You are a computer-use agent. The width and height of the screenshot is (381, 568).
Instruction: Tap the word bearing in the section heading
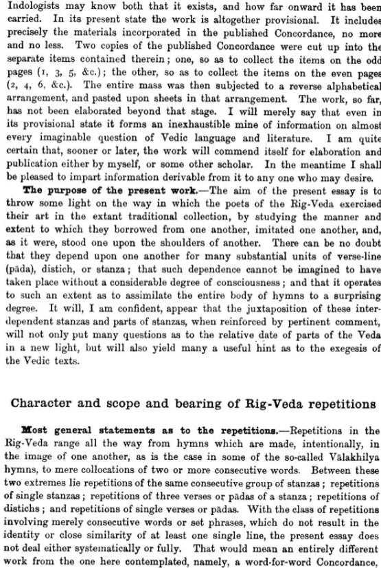coord(204,402)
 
